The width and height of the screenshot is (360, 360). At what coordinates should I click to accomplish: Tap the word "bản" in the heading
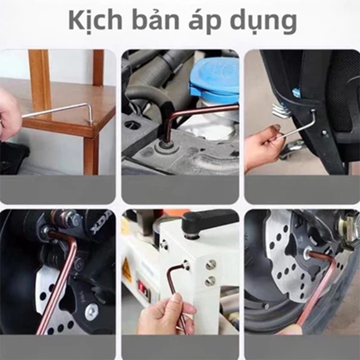click(155, 20)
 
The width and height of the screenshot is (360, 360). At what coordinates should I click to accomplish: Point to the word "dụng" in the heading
click(263, 22)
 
